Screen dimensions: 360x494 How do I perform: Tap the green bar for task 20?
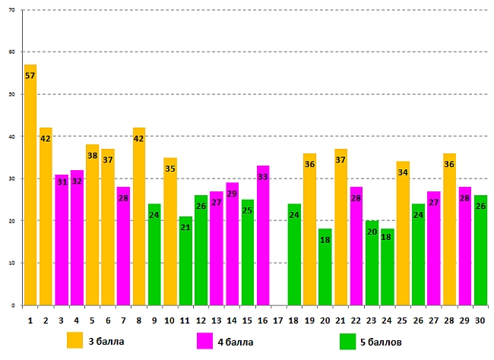325,267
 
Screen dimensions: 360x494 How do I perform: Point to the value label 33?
263,177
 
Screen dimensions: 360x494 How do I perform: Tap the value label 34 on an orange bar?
403,173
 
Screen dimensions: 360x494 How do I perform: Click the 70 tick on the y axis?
11,11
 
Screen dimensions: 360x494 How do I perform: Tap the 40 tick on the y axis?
11,137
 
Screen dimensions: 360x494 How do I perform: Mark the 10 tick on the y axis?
11,264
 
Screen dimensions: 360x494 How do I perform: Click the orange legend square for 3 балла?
75,341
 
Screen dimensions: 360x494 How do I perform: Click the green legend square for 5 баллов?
347,341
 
